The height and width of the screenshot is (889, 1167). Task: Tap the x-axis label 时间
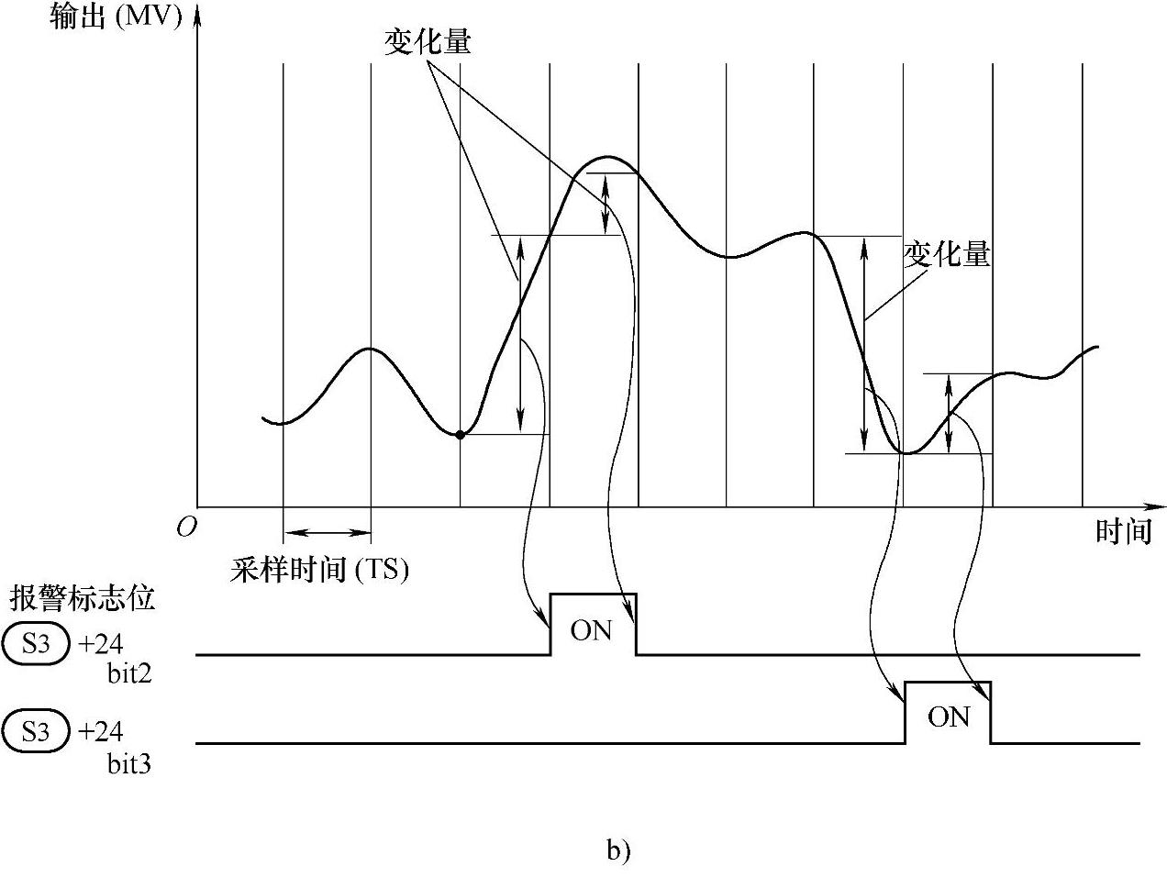[x=1123, y=531]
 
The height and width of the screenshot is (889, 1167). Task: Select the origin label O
[x=186, y=528]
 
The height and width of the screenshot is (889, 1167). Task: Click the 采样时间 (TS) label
[x=319, y=570]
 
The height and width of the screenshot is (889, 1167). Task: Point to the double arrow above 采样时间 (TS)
[x=328, y=531]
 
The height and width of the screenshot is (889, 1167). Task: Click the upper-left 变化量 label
[x=427, y=42]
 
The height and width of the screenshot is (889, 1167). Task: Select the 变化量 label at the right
[x=947, y=254]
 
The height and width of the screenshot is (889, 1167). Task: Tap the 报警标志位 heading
[x=83, y=599]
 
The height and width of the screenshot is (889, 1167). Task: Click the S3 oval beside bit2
[x=37, y=644]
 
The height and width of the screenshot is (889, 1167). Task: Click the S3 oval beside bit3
[x=37, y=732]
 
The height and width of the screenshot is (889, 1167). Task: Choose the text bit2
[x=129, y=674]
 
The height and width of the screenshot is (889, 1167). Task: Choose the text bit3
[x=129, y=762]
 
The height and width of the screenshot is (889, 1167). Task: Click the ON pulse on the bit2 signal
[x=592, y=630]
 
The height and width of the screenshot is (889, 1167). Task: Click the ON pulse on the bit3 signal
[x=948, y=717]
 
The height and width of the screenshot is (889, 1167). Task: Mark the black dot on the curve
[x=461, y=434]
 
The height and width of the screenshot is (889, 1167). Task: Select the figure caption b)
[x=618, y=850]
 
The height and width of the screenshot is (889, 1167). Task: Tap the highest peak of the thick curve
[x=606, y=158]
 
